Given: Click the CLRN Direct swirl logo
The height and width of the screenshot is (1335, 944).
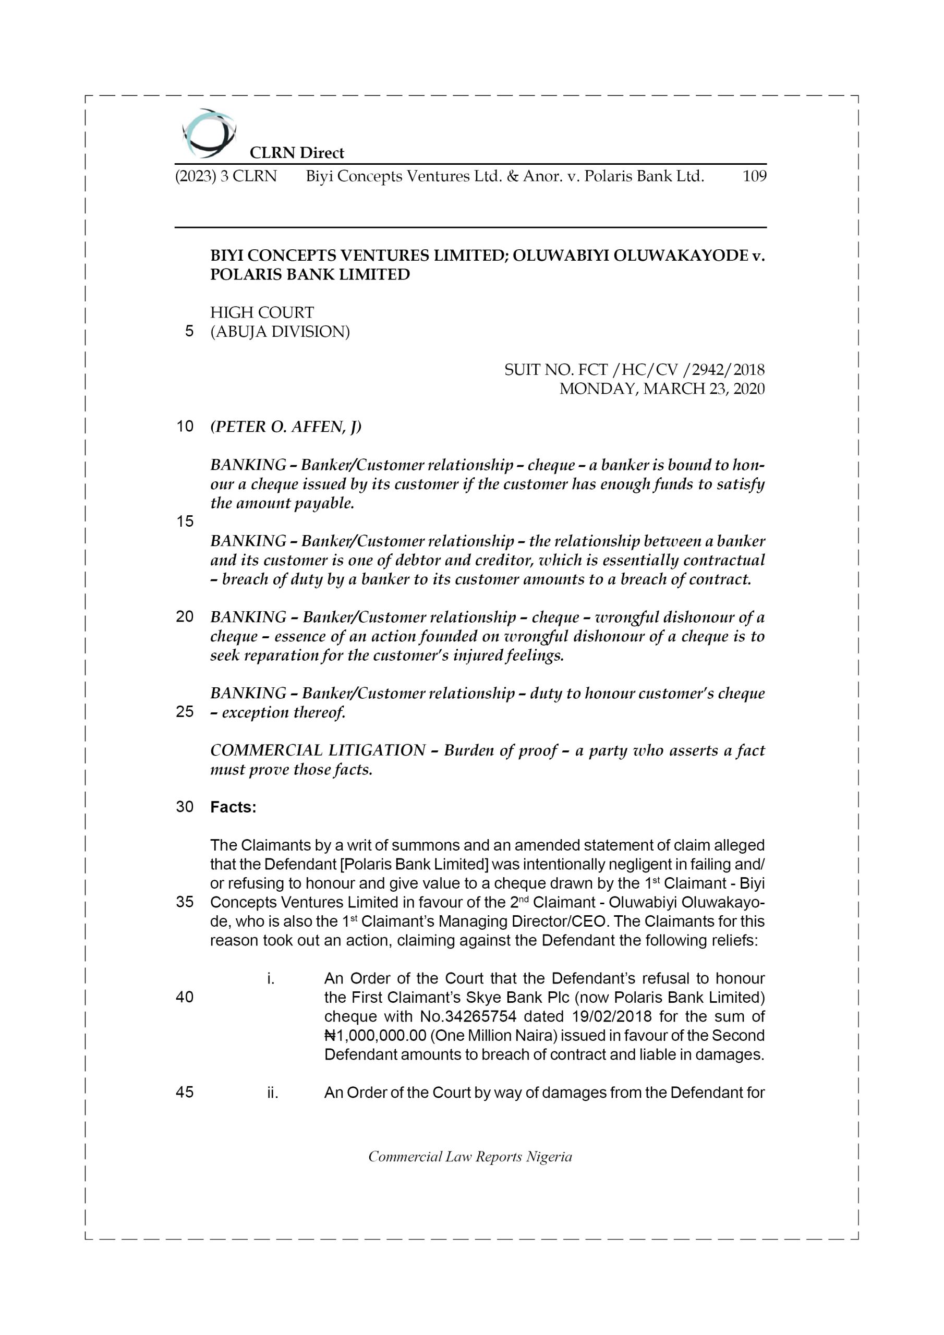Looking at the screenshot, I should pyautogui.click(x=209, y=133).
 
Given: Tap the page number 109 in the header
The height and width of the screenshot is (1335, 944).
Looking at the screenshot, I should pyautogui.click(x=754, y=176).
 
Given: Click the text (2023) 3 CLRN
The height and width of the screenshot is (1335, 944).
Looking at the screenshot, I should pyautogui.click(x=226, y=176).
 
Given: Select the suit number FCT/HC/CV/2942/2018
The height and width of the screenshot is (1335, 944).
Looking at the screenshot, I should pyautogui.click(x=634, y=370).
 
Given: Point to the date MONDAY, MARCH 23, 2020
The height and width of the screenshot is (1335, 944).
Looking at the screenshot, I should pyautogui.click(x=661, y=389).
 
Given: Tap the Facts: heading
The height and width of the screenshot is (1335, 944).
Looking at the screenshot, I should pyautogui.click(x=233, y=807).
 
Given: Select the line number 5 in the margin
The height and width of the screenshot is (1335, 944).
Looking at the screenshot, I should pyautogui.click(x=189, y=332).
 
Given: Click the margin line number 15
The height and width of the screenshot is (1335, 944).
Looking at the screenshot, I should pyautogui.click(x=185, y=521).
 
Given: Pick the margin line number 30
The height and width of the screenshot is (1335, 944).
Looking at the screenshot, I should pyautogui.click(x=185, y=807).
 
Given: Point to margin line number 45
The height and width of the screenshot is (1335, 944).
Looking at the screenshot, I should pyautogui.click(x=185, y=1093).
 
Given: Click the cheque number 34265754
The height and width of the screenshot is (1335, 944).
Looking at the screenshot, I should pyautogui.click(x=468, y=1017).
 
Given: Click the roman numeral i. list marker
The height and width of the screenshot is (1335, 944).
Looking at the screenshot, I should pyautogui.click(x=271, y=979).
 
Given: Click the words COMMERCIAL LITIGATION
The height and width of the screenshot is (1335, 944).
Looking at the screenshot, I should pyautogui.click(x=318, y=750).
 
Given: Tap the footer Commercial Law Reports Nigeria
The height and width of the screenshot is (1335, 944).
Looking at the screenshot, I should pyautogui.click(x=470, y=1157).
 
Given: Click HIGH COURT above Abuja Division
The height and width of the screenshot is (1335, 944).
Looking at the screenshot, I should pyautogui.click(x=262, y=313).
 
